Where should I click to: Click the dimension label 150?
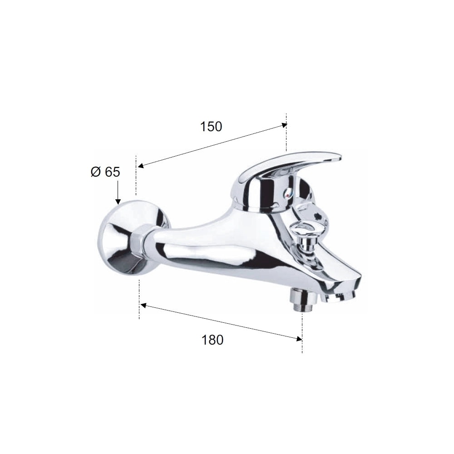[x=211, y=127]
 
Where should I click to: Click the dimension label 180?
[x=212, y=340]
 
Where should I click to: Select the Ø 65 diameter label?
[x=105, y=172]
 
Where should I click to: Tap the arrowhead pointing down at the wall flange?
[x=118, y=202]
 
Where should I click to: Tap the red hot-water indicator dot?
[x=287, y=196]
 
